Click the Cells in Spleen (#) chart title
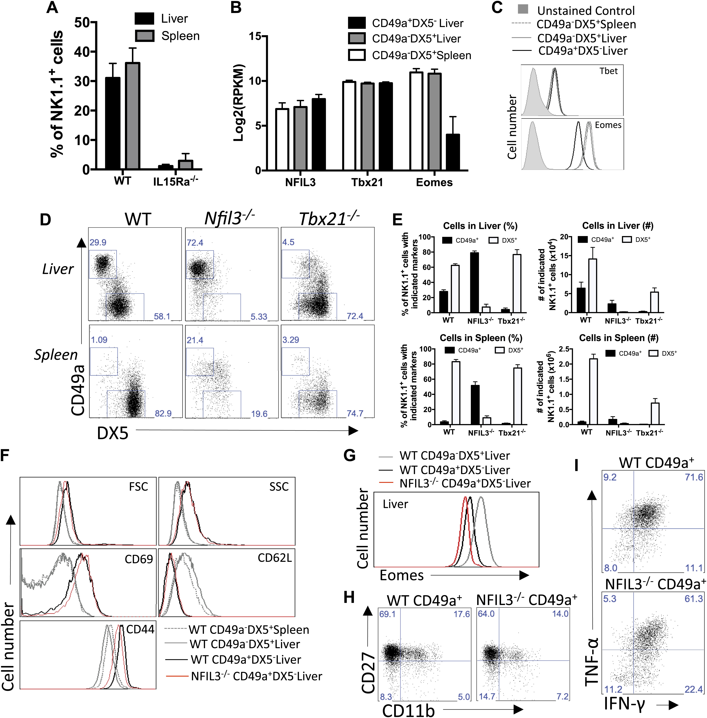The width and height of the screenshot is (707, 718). [x=619, y=338]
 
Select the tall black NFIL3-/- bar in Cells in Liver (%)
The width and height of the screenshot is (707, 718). [x=474, y=282]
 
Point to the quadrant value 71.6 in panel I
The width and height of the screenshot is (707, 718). [x=694, y=477]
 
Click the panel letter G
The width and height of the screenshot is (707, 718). [x=349, y=455]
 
